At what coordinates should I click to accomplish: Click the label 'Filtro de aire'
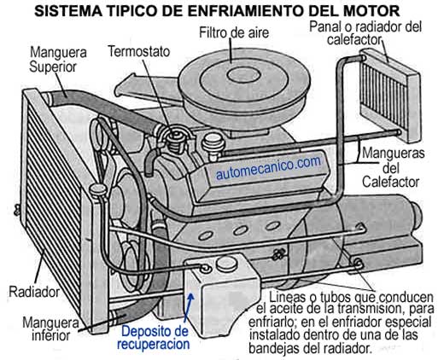click(x=234, y=32)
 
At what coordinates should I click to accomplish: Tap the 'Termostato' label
click(x=139, y=52)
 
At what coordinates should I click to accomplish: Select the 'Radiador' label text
click(x=34, y=292)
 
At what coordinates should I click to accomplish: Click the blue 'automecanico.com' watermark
click(x=268, y=168)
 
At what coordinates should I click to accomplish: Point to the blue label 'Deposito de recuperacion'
click(x=154, y=338)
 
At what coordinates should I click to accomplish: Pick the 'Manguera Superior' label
click(x=58, y=60)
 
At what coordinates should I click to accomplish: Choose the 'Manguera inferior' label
click(x=50, y=329)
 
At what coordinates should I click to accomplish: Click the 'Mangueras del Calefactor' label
click(x=393, y=168)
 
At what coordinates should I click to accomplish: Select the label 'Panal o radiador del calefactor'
click(x=365, y=33)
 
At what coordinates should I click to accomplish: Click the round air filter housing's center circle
click(x=244, y=75)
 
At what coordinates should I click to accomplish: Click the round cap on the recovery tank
click(x=227, y=264)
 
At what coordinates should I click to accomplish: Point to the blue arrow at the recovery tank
click(x=189, y=308)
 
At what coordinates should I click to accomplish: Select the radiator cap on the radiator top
click(x=97, y=190)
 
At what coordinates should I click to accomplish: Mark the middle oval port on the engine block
click(x=240, y=230)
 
